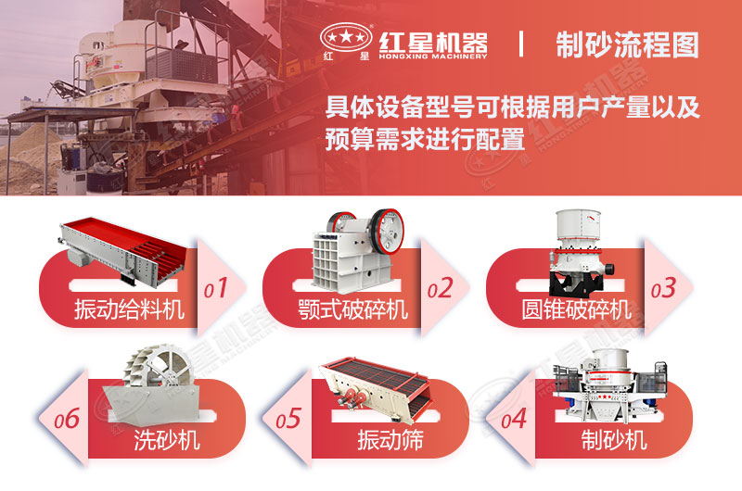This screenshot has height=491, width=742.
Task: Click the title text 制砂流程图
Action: (626, 44)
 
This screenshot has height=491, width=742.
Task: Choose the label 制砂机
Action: (613, 440)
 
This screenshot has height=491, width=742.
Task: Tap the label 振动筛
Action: (390, 440)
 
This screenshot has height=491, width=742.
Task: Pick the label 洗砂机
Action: (168, 440)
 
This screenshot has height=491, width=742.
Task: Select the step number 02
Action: (440, 289)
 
